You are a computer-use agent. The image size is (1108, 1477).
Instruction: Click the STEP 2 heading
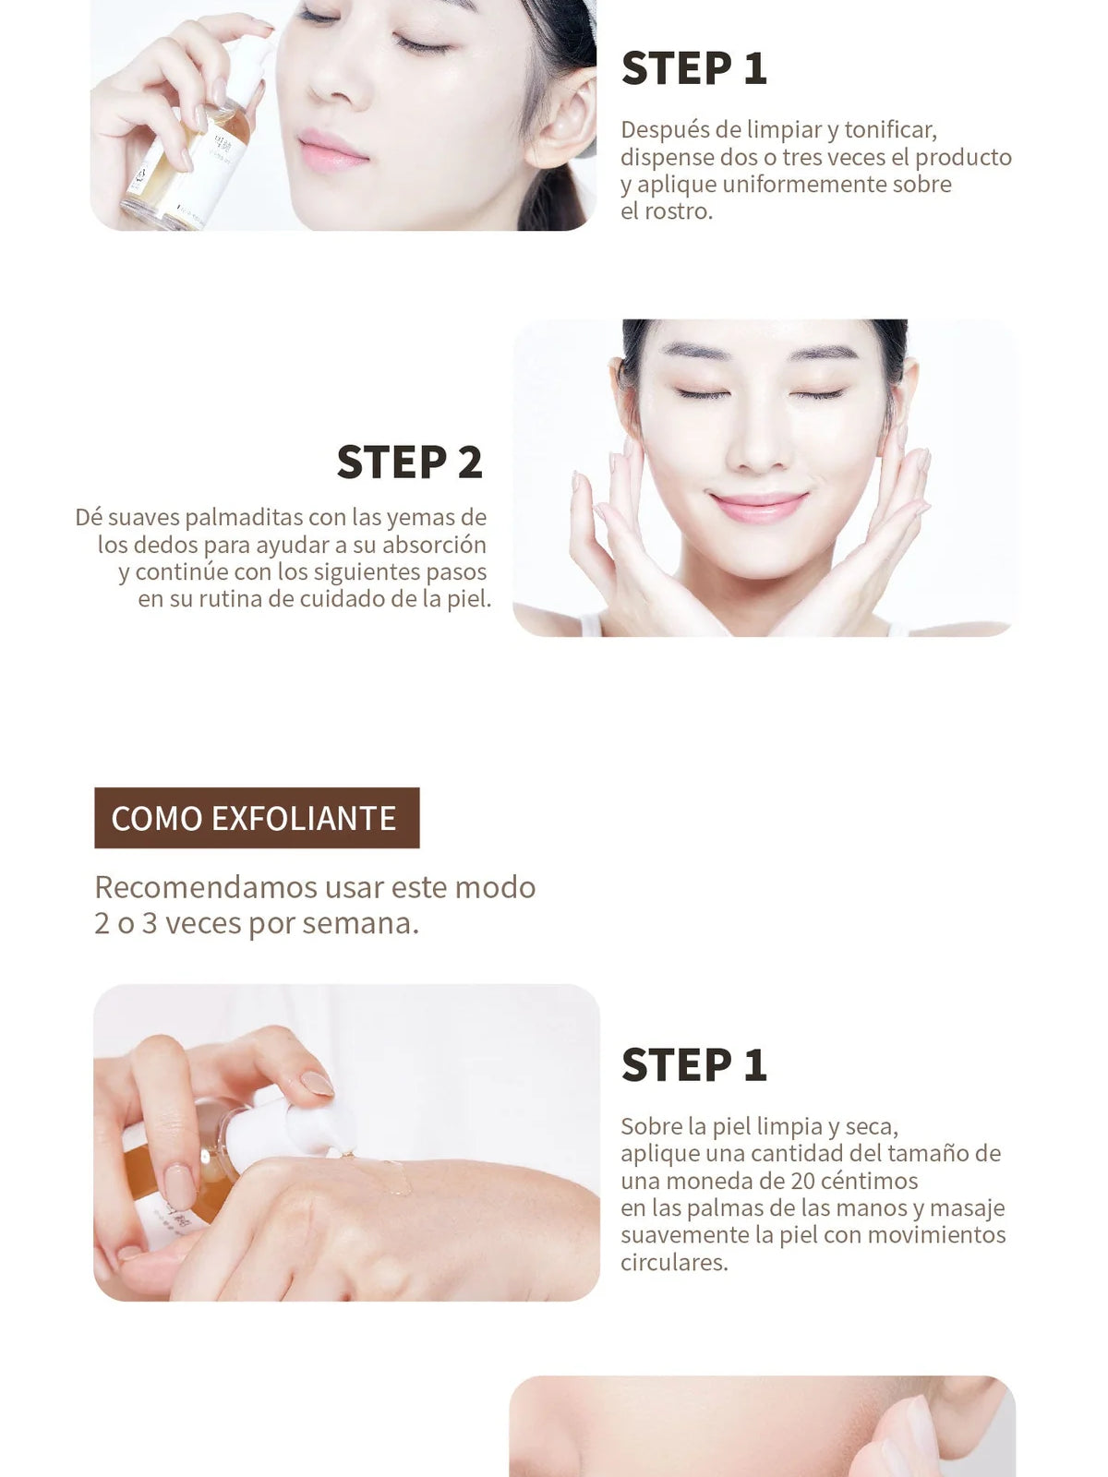click(409, 462)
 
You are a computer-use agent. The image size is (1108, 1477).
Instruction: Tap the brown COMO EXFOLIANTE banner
click(257, 818)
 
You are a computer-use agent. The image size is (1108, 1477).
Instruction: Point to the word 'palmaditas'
click(243, 517)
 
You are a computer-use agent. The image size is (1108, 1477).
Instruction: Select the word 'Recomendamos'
click(206, 887)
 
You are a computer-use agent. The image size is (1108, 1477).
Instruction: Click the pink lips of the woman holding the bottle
click(333, 150)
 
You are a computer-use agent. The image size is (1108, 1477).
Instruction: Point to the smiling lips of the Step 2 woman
click(759, 507)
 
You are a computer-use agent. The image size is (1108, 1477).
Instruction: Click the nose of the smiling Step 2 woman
click(759, 448)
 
